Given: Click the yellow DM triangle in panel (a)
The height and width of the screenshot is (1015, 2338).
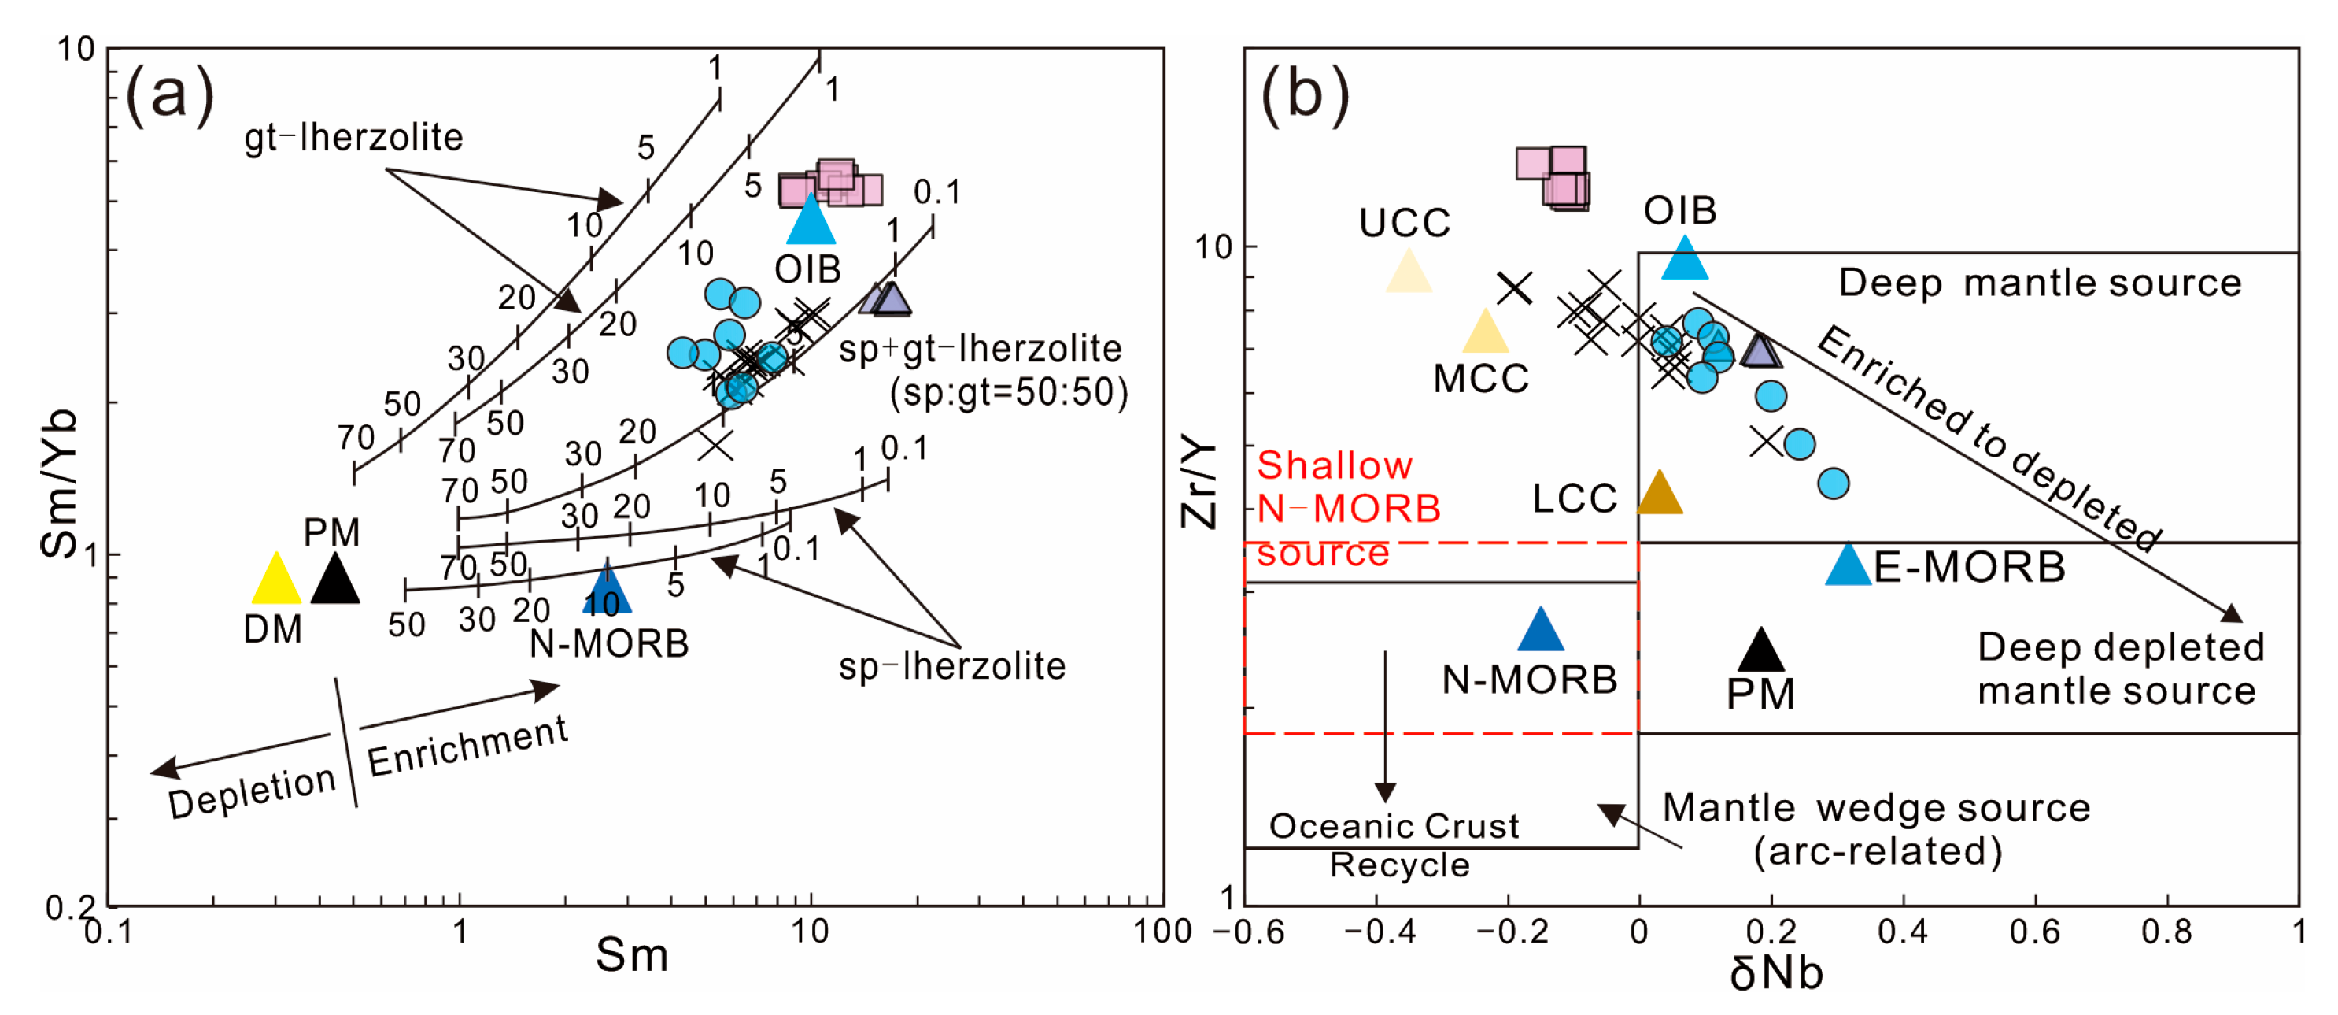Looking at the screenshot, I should click(x=276, y=582).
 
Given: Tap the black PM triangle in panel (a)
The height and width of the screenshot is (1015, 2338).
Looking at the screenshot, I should click(x=335, y=582).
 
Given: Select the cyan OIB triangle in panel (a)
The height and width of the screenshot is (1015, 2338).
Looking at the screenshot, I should click(x=811, y=222).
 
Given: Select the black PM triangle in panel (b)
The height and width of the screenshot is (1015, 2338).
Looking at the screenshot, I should click(x=1760, y=652).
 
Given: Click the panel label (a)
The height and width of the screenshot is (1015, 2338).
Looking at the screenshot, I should click(x=170, y=95).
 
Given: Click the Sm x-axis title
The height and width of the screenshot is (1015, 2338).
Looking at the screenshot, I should click(x=632, y=956).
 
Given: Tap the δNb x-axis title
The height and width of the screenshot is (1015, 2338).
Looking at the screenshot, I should click(x=1775, y=974).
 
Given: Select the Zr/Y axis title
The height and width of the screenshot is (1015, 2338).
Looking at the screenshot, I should click(x=1199, y=481).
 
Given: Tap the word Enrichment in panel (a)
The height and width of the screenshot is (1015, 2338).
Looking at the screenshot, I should click(x=467, y=746).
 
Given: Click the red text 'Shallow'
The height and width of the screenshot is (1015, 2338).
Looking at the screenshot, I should click(x=1334, y=465).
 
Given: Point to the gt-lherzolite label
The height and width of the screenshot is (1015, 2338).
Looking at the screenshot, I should click(x=354, y=138).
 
